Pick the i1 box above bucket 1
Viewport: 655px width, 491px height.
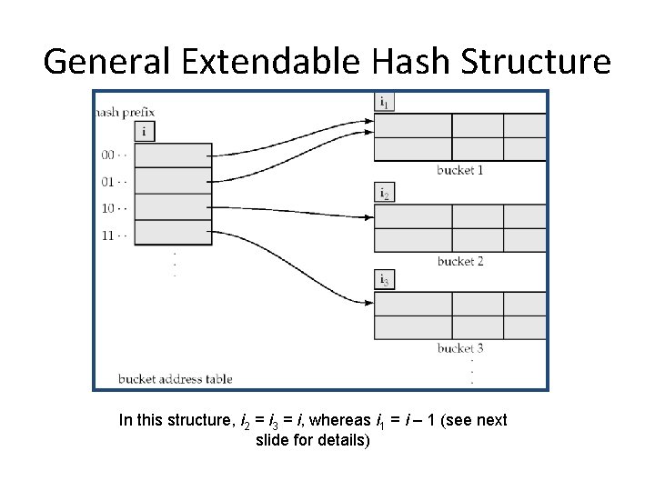point(385,103)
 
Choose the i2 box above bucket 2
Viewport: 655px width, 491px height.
point(385,193)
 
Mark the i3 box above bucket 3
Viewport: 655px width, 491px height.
point(385,281)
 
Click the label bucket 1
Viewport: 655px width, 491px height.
point(459,170)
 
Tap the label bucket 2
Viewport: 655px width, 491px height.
point(459,261)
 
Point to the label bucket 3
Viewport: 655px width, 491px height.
point(459,348)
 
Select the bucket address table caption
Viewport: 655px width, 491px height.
point(175,379)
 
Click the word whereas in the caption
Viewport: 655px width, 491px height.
point(341,421)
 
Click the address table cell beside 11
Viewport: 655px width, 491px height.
point(173,233)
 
